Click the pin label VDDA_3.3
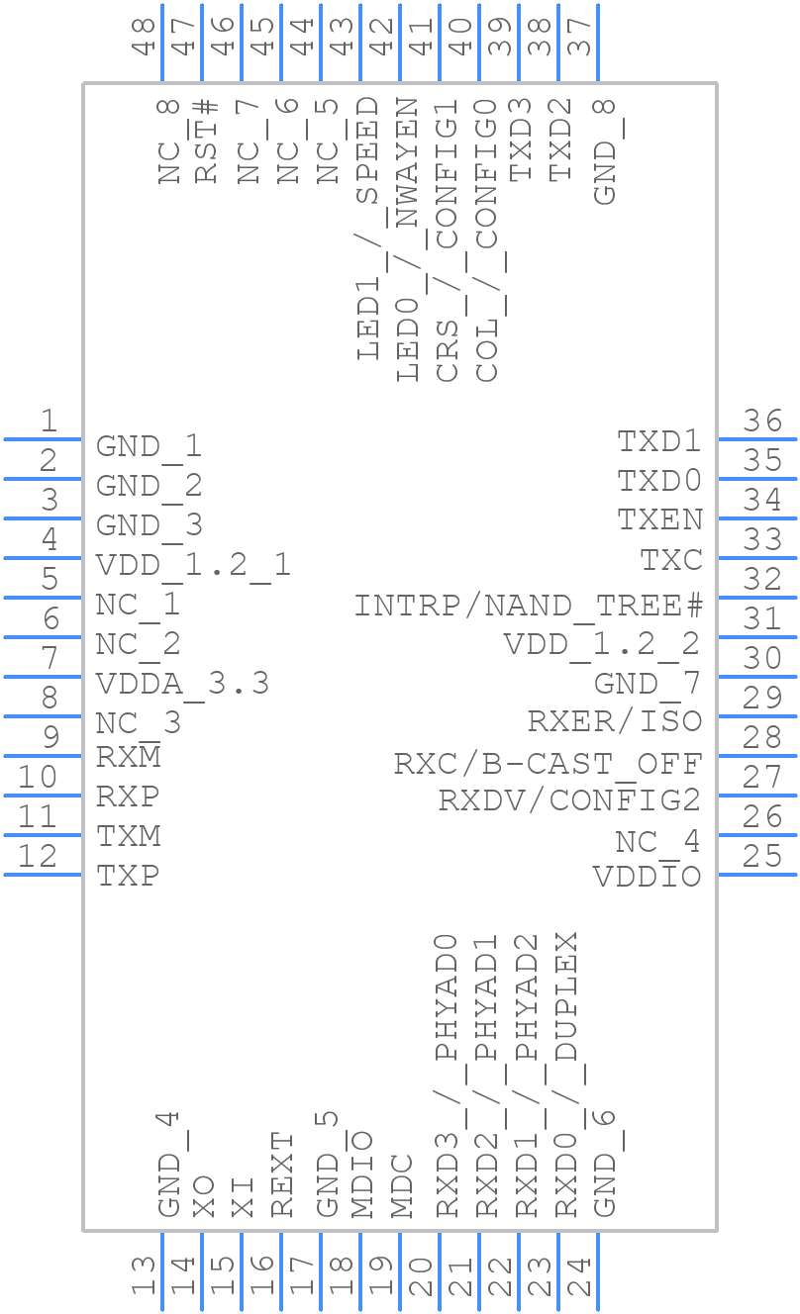click(x=182, y=684)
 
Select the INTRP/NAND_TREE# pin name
click(x=528, y=605)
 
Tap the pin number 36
click(x=762, y=421)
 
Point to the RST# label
click(x=206, y=141)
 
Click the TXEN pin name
click(x=659, y=519)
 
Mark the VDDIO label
click(x=647, y=877)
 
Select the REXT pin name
click(x=283, y=1174)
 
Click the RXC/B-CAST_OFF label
click(x=548, y=764)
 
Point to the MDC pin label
click(x=402, y=1184)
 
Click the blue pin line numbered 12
click(x=44, y=874)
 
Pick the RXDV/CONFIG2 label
click(x=569, y=799)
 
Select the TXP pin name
click(x=128, y=876)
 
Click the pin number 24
click(x=578, y=1276)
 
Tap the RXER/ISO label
click(x=614, y=721)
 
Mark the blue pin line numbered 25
click(x=756, y=874)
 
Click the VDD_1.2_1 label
click(x=193, y=565)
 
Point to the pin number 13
click(x=145, y=1276)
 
